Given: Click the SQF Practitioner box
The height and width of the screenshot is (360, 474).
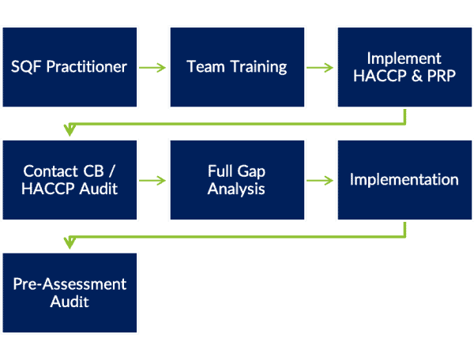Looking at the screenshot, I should [70, 66].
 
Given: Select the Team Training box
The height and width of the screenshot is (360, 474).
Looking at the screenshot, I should [237, 66].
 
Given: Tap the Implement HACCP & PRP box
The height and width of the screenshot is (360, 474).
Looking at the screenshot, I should [404, 66].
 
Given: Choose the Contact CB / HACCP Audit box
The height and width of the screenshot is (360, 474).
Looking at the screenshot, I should [70, 180].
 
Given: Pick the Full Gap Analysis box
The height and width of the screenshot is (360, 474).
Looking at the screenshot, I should [237, 180].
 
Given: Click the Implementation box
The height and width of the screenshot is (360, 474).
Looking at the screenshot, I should [404, 180].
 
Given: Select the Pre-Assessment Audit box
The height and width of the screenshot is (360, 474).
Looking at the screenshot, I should [70, 293].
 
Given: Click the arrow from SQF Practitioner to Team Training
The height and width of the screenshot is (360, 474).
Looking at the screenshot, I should [153, 67].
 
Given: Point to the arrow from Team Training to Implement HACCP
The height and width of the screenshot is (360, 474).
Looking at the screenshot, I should [322, 67].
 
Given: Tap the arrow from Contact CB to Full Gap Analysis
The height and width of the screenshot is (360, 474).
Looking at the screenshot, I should [153, 181].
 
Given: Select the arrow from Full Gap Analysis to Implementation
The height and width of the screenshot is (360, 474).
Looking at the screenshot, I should [322, 181].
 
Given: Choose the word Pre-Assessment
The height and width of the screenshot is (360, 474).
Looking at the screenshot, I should [70, 284].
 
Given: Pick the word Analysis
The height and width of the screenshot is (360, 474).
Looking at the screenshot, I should [237, 189].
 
